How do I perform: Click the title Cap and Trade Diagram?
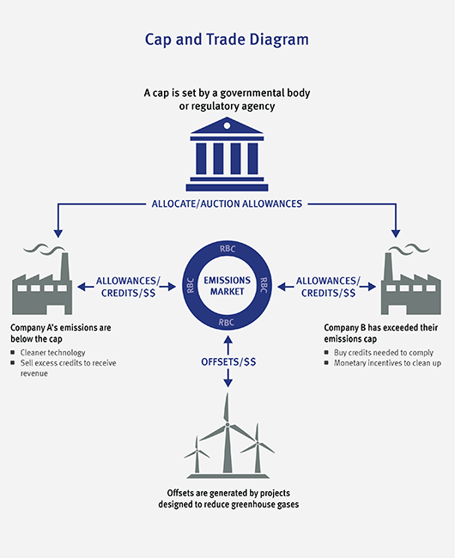(x=227, y=39)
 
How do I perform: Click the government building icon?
(x=227, y=154)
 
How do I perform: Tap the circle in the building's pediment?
(x=227, y=125)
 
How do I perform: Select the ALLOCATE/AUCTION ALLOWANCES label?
(x=227, y=204)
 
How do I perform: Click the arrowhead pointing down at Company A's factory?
(x=58, y=234)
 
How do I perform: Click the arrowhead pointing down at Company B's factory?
(x=396, y=234)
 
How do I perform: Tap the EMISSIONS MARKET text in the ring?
(x=227, y=286)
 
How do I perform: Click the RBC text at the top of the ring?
(x=227, y=249)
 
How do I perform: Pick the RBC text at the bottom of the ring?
(x=227, y=323)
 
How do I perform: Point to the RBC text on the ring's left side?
(x=191, y=285)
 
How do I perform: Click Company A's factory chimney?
(x=64, y=267)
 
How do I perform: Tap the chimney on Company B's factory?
(x=389, y=267)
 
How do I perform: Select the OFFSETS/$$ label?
(x=228, y=362)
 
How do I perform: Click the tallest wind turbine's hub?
(x=227, y=425)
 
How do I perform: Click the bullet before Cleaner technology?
(x=13, y=352)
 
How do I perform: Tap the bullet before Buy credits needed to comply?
(x=326, y=352)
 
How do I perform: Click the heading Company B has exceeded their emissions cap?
(x=380, y=333)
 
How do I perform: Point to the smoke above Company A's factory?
(x=45, y=249)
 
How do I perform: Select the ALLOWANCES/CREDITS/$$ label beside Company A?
(x=128, y=287)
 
